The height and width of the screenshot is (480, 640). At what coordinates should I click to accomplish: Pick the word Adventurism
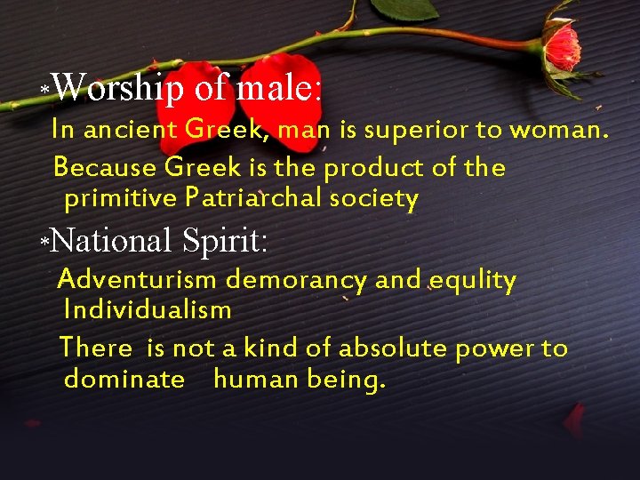[137, 280]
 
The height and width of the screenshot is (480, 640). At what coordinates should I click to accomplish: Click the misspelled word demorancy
[296, 281]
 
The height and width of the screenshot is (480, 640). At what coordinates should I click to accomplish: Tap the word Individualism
[148, 310]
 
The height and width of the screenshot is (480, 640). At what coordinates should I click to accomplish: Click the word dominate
[124, 380]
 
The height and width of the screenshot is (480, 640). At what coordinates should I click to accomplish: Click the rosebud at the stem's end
[562, 44]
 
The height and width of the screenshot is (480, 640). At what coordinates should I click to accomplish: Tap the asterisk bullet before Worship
[44, 91]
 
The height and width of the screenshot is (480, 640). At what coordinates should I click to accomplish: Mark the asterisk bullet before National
[44, 243]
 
